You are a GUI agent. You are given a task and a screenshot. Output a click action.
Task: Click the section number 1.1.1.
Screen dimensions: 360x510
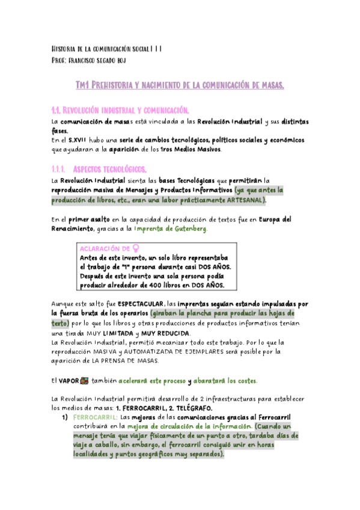pos(61,169)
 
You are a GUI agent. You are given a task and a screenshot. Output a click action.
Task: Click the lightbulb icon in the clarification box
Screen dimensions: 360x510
pos(135,248)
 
